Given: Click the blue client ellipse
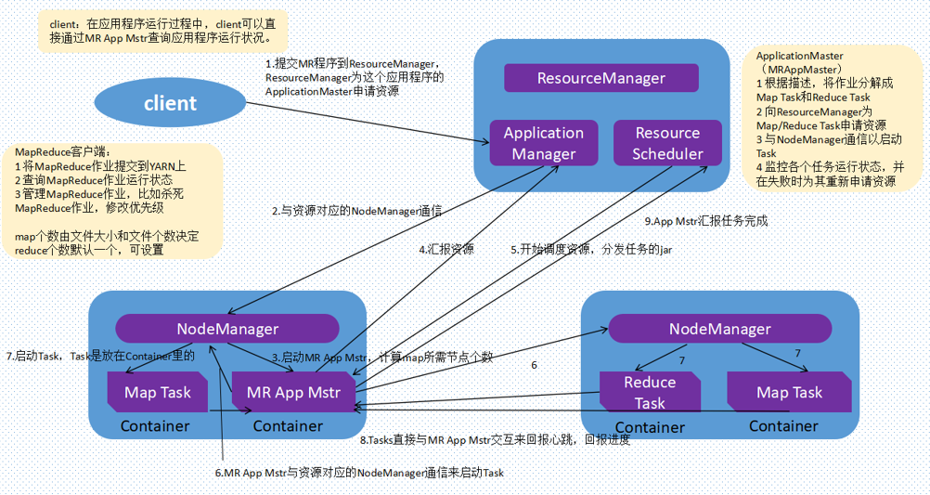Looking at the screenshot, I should tap(170, 102).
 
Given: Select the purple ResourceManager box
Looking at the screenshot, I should tap(601, 78).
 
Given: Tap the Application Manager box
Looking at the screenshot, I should tap(543, 143).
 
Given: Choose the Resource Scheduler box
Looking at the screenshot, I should tap(667, 143).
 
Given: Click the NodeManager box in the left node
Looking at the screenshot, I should tap(227, 329).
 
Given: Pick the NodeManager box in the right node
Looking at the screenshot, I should tap(719, 329).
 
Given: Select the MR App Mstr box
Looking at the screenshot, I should tap(293, 392).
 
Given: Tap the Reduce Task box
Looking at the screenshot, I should tap(650, 392).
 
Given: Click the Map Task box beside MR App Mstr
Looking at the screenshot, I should tap(158, 392).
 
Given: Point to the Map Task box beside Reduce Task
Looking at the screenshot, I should tap(789, 392).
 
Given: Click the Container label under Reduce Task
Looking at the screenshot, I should tap(650, 427).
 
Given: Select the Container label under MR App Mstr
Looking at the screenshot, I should tap(288, 426).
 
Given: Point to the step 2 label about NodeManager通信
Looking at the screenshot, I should tap(356, 211).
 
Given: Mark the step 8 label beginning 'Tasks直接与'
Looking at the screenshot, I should tap(495, 439).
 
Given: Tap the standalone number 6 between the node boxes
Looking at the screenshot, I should tap(534, 365).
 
